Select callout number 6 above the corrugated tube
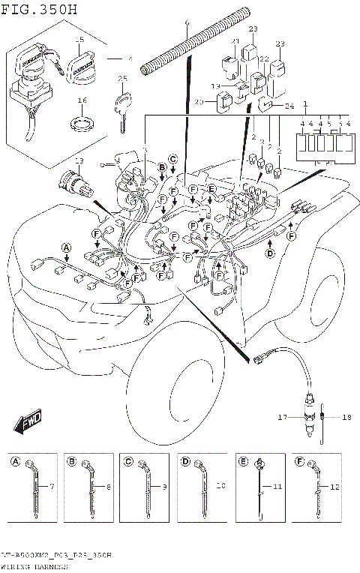point(186,23)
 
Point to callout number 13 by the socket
point(79,161)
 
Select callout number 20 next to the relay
point(199,101)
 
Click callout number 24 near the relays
point(289,106)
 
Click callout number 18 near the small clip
point(346,416)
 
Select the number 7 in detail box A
point(52,487)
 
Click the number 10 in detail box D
point(220,487)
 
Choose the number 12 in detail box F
point(334,487)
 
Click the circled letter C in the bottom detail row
point(128,461)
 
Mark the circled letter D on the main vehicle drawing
point(269,254)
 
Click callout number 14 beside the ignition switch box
point(127,58)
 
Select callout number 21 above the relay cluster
point(234,41)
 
